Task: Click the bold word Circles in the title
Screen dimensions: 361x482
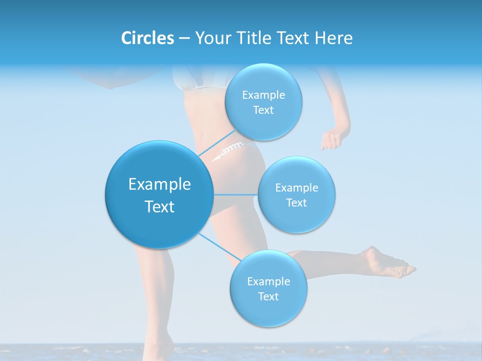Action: tap(148, 38)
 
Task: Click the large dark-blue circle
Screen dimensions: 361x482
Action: tap(159, 195)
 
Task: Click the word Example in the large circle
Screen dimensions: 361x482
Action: tap(159, 185)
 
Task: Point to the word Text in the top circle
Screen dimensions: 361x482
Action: tap(263, 110)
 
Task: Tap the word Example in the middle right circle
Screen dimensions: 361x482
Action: tap(296, 188)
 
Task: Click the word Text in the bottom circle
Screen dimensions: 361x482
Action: tap(268, 296)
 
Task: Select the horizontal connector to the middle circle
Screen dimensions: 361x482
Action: tap(235, 195)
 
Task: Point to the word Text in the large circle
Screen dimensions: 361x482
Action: tap(159, 207)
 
